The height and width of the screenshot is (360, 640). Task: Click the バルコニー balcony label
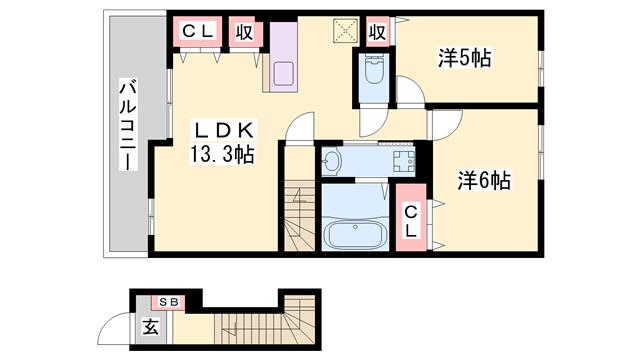128,124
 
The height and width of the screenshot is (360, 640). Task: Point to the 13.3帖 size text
221,155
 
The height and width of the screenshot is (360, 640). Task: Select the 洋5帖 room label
464,58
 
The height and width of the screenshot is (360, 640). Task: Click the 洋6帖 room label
485,180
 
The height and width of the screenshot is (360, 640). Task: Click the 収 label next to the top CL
244,31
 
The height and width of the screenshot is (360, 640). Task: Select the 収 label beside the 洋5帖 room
376,31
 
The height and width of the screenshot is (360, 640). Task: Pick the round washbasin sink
333,161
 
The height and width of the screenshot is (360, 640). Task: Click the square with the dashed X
344,31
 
